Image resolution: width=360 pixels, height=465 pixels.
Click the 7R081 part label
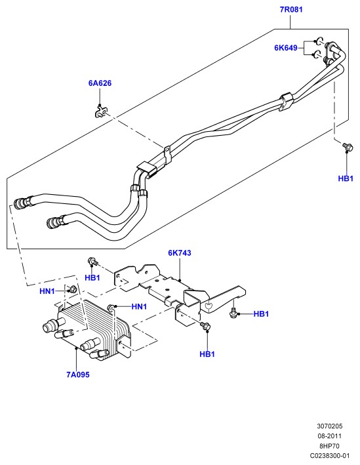[x=291, y=9]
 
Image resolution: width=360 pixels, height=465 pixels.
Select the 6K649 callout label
[x=285, y=48]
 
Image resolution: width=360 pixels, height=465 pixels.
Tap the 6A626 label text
[x=100, y=83]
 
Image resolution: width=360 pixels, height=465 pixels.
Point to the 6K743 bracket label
[x=180, y=253]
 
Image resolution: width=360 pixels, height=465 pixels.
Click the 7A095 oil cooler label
[x=78, y=374]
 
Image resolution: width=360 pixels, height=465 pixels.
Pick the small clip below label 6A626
[x=100, y=112]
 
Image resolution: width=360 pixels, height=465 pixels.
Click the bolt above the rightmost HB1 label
[x=347, y=147]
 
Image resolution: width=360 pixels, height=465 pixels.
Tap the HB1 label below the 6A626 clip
[x=92, y=278]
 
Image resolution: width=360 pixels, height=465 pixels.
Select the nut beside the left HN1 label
[x=73, y=289]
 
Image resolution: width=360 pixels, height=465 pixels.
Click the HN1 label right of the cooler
[x=139, y=307]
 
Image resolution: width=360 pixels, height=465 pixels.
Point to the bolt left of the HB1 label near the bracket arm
[x=233, y=313]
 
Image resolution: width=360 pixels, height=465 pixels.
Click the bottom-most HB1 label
[x=207, y=354]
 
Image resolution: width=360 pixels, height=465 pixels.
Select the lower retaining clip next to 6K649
[x=317, y=54]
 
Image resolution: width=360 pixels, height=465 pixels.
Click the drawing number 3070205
[x=329, y=426]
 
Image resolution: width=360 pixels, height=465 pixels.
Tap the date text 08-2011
[x=329, y=436]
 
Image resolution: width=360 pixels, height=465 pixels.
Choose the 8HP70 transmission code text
[x=329, y=446]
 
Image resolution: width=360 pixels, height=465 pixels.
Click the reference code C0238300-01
[x=330, y=456]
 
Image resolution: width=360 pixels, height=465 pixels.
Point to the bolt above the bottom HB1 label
[x=205, y=325]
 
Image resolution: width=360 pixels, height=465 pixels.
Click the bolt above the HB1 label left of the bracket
[x=93, y=261]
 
